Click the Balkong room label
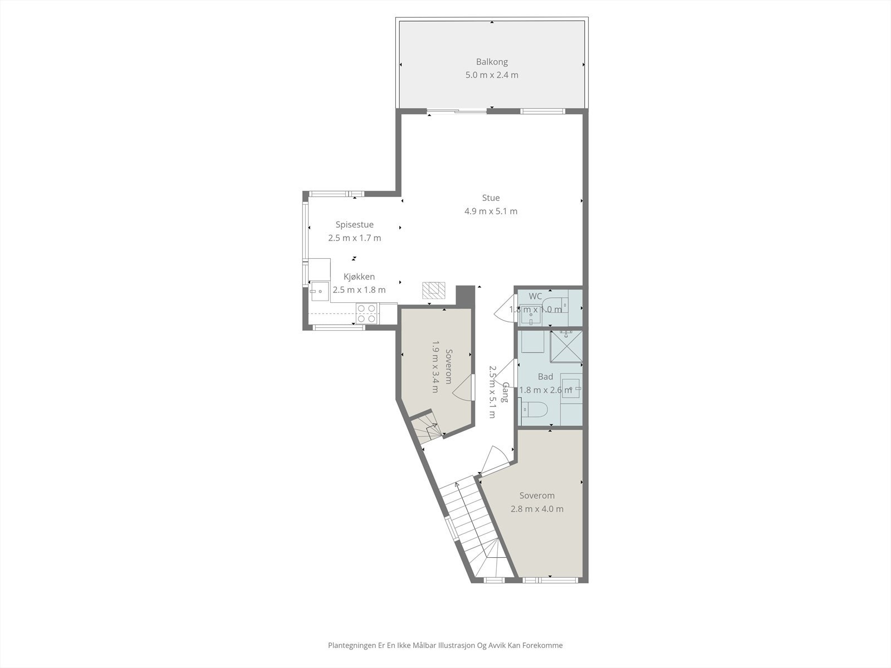pyautogui.click(x=491, y=62)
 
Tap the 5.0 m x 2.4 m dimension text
pyautogui.click(x=491, y=75)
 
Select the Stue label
pyautogui.click(x=491, y=198)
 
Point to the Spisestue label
pyautogui.click(x=354, y=225)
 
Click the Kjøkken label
pyautogui.click(x=359, y=277)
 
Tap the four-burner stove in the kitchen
pyautogui.click(x=366, y=313)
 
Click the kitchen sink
pyautogui.click(x=320, y=291)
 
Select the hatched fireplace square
pyautogui.click(x=434, y=290)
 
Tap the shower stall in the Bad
pyautogui.click(x=566, y=346)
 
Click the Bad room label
pyautogui.click(x=545, y=377)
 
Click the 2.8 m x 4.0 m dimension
pyautogui.click(x=537, y=509)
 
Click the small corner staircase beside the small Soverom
pyautogui.click(x=426, y=429)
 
